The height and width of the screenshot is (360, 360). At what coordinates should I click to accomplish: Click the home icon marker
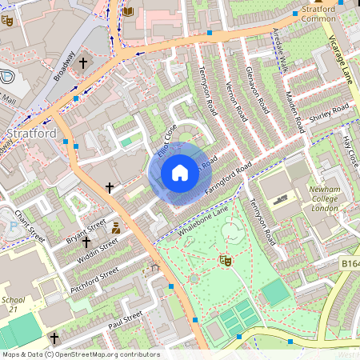pyautogui.click(x=180, y=172)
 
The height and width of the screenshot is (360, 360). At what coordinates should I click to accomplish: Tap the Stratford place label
pyautogui.click(x=31, y=133)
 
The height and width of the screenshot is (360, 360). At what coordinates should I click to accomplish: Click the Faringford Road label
pyautogui.click(x=228, y=180)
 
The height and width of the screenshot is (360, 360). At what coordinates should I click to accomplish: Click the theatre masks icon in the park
pyautogui.click(x=226, y=260)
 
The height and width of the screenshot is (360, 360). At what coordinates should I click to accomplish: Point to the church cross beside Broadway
pyautogui.click(x=83, y=62)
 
